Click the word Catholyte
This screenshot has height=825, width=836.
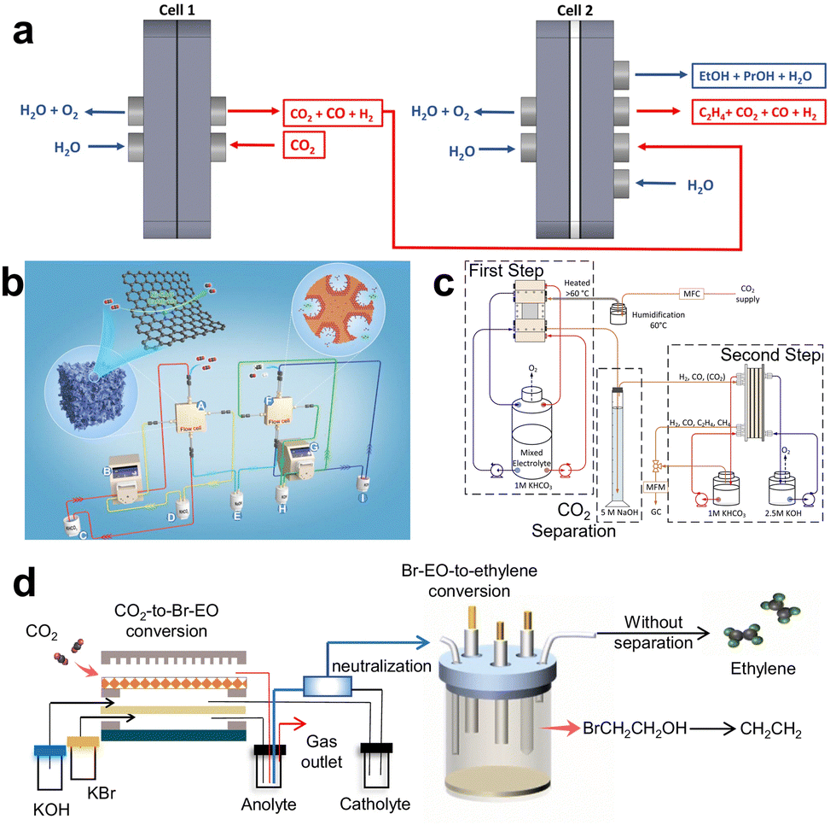pyautogui.click(x=374, y=804)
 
